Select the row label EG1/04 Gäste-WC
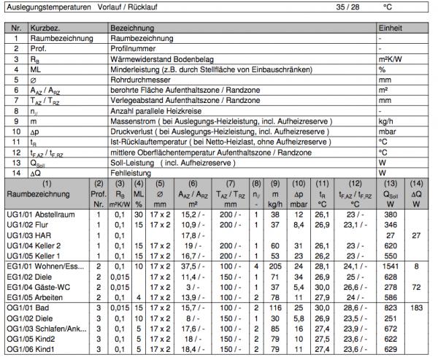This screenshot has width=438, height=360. pos(34,288)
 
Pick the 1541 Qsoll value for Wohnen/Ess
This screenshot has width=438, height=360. pos(393,267)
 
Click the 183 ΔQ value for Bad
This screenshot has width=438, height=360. pos(417,309)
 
